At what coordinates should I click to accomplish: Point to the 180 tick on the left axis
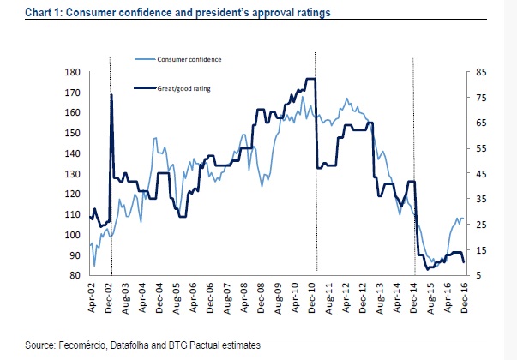[x=73, y=72]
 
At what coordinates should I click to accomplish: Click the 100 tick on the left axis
[x=73, y=235]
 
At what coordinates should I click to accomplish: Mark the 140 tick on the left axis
[x=73, y=153]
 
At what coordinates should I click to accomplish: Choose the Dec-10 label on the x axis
[x=311, y=297]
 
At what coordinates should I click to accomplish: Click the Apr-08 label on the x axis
[x=243, y=297]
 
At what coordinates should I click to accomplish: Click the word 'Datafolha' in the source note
[x=107, y=345]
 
